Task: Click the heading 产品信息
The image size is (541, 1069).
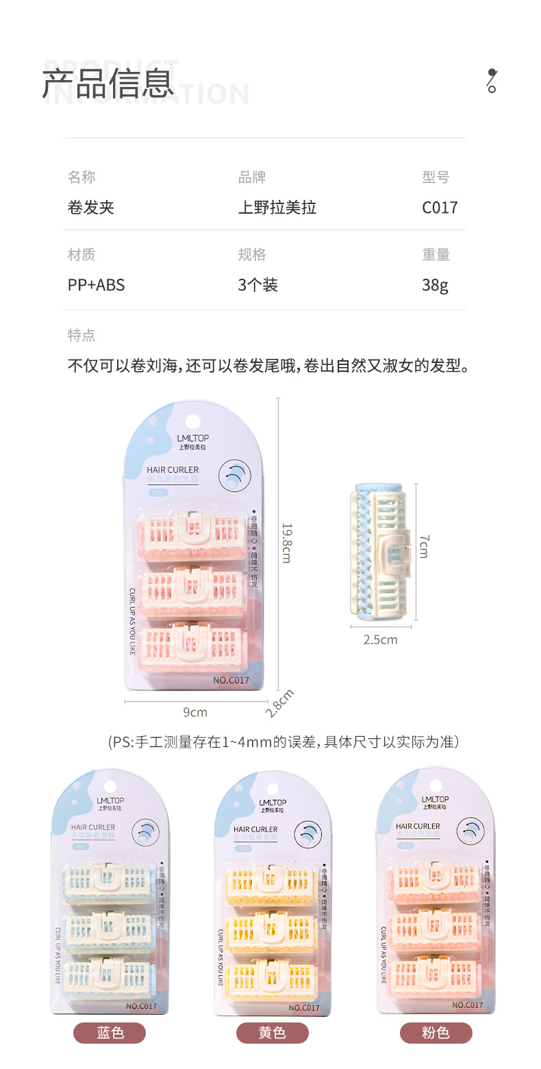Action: pos(108,84)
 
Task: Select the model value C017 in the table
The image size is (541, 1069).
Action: pos(439,207)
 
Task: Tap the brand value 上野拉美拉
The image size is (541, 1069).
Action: pos(277,207)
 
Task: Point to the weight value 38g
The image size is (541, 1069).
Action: pos(435,285)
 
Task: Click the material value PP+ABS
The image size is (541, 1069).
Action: pos(96,285)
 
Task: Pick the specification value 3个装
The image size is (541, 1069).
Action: pos(257,285)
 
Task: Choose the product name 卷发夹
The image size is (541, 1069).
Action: pos(90,207)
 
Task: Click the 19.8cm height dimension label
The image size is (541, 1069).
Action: pos(287,543)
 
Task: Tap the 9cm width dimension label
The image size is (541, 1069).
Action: pos(194,712)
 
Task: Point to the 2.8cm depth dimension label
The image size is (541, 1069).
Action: pos(279,703)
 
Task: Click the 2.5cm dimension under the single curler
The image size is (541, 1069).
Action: pos(380,640)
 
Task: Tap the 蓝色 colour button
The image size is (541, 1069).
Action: pos(110,1033)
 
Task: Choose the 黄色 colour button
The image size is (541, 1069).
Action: pos(272,1033)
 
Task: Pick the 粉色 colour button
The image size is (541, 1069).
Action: pos(436,1033)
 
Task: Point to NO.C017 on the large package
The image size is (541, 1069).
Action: pos(231,680)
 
